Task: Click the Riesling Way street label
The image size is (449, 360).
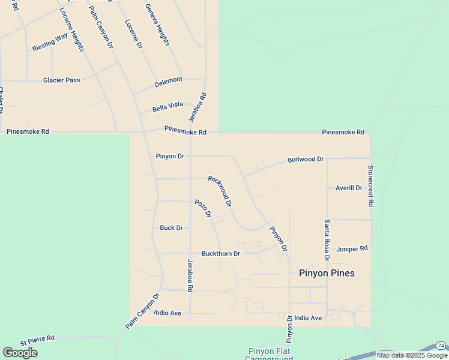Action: tap(50, 43)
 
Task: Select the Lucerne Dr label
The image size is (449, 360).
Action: tap(133, 34)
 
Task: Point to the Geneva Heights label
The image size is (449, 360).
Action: tap(157, 25)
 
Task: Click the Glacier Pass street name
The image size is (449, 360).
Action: tap(61, 80)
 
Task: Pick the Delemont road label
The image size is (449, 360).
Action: tap(168, 80)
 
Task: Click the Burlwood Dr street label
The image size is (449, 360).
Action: tap(306, 160)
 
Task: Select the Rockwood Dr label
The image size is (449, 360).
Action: tap(220, 191)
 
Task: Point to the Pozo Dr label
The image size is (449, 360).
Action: tap(203, 208)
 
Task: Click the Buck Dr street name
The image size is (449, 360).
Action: tap(171, 228)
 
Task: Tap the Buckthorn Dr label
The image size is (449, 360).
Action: tap(221, 254)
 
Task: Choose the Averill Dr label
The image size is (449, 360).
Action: tap(349, 188)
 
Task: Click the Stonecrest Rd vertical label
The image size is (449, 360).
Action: tap(370, 186)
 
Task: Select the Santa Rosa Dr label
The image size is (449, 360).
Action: tap(327, 240)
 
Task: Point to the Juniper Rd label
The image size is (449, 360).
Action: tap(352, 248)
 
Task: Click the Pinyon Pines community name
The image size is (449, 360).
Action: tap(327, 273)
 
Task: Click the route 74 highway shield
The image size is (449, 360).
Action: tap(441, 345)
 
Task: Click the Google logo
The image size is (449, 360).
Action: tap(20, 353)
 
